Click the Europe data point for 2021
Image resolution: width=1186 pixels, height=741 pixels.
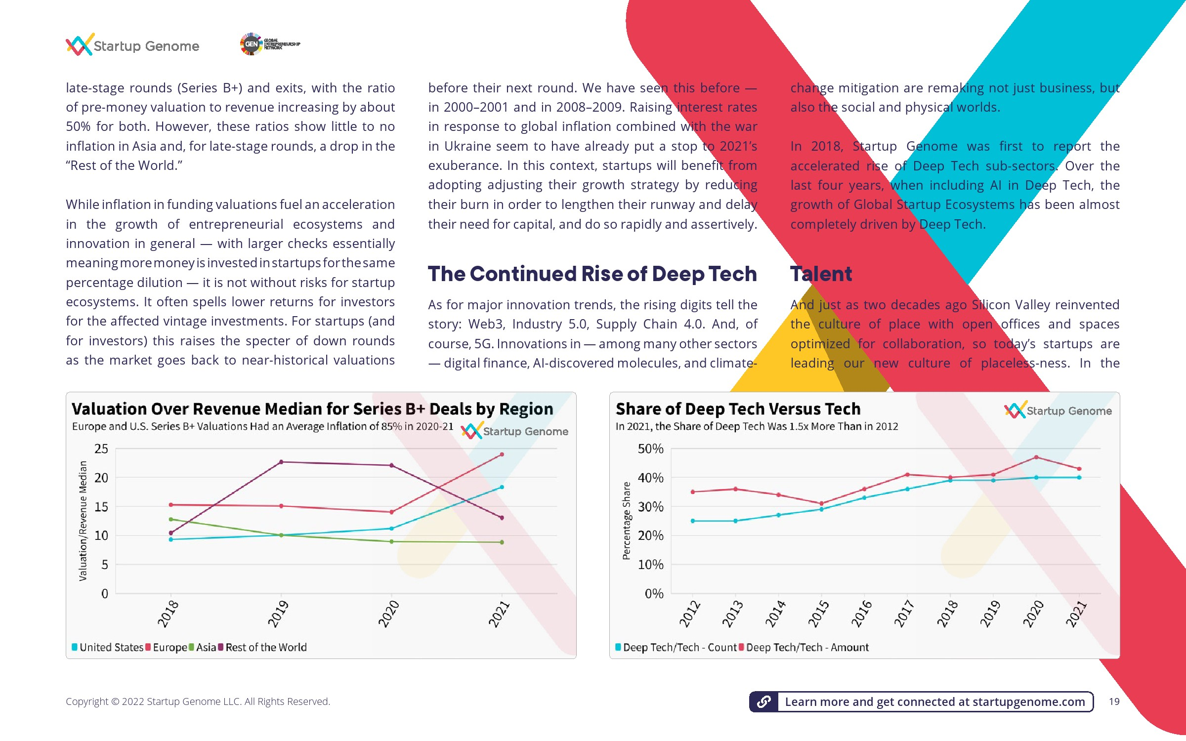(502, 454)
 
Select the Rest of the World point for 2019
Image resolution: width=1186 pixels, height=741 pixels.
(281, 462)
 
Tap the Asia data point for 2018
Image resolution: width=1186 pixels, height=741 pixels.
(171, 519)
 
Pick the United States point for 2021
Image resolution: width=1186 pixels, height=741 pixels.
(502, 487)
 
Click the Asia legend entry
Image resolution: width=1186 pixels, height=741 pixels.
(203, 647)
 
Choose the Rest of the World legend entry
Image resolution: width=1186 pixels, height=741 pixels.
(262, 647)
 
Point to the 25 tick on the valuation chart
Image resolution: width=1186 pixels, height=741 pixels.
(101, 449)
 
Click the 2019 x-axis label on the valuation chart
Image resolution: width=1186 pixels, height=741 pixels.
(278, 614)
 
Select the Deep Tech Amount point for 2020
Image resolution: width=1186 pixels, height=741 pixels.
(1036, 457)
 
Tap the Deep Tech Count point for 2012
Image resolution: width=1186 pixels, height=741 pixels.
(693, 521)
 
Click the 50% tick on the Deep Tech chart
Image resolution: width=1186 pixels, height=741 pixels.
(650, 449)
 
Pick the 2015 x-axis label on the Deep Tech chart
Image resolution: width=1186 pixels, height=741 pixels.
(818, 614)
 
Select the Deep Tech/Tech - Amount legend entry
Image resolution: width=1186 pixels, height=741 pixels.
(804, 647)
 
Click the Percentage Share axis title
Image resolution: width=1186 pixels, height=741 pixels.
(626, 520)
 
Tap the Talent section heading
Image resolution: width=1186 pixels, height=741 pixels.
(821, 274)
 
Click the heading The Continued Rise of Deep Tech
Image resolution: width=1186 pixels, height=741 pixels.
(593, 274)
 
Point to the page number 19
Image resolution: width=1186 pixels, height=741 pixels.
(1114, 701)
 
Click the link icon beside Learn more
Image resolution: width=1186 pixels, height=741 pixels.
(764, 701)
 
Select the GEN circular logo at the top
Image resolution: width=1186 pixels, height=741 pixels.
(251, 44)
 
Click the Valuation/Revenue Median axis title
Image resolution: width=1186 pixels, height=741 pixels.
(83, 521)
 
